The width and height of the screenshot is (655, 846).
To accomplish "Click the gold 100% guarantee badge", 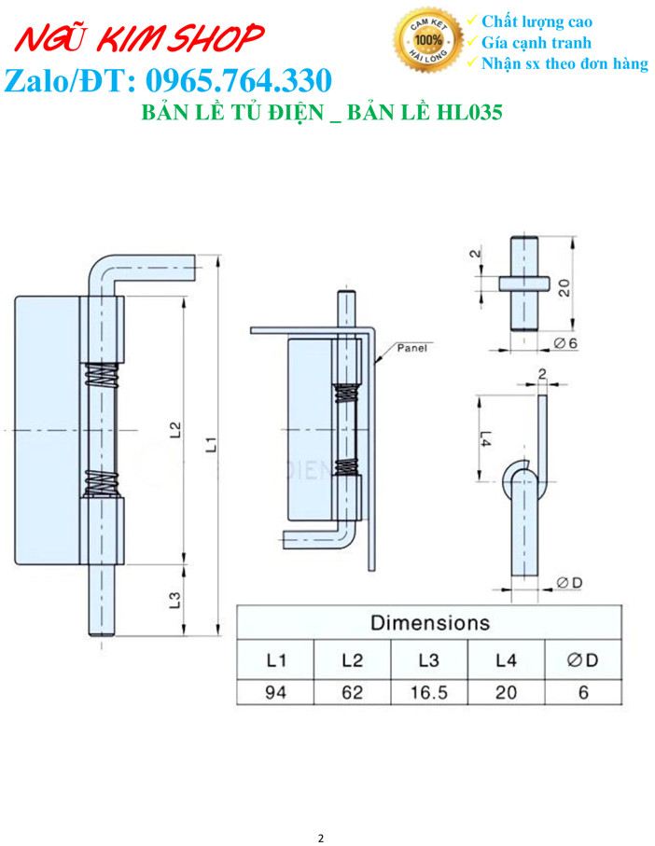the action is (x=428, y=40).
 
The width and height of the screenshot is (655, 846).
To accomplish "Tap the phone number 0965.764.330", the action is (x=239, y=81).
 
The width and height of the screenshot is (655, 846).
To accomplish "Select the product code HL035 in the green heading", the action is (x=469, y=112).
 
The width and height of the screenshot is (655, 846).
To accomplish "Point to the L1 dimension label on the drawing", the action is (x=212, y=445).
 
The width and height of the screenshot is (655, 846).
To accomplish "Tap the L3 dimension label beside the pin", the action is (x=174, y=600).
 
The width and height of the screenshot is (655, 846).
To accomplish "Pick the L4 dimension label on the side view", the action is (x=485, y=438).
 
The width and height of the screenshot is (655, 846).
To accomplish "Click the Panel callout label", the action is (x=411, y=348).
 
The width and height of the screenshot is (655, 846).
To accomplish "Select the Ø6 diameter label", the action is (x=565, y=343).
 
